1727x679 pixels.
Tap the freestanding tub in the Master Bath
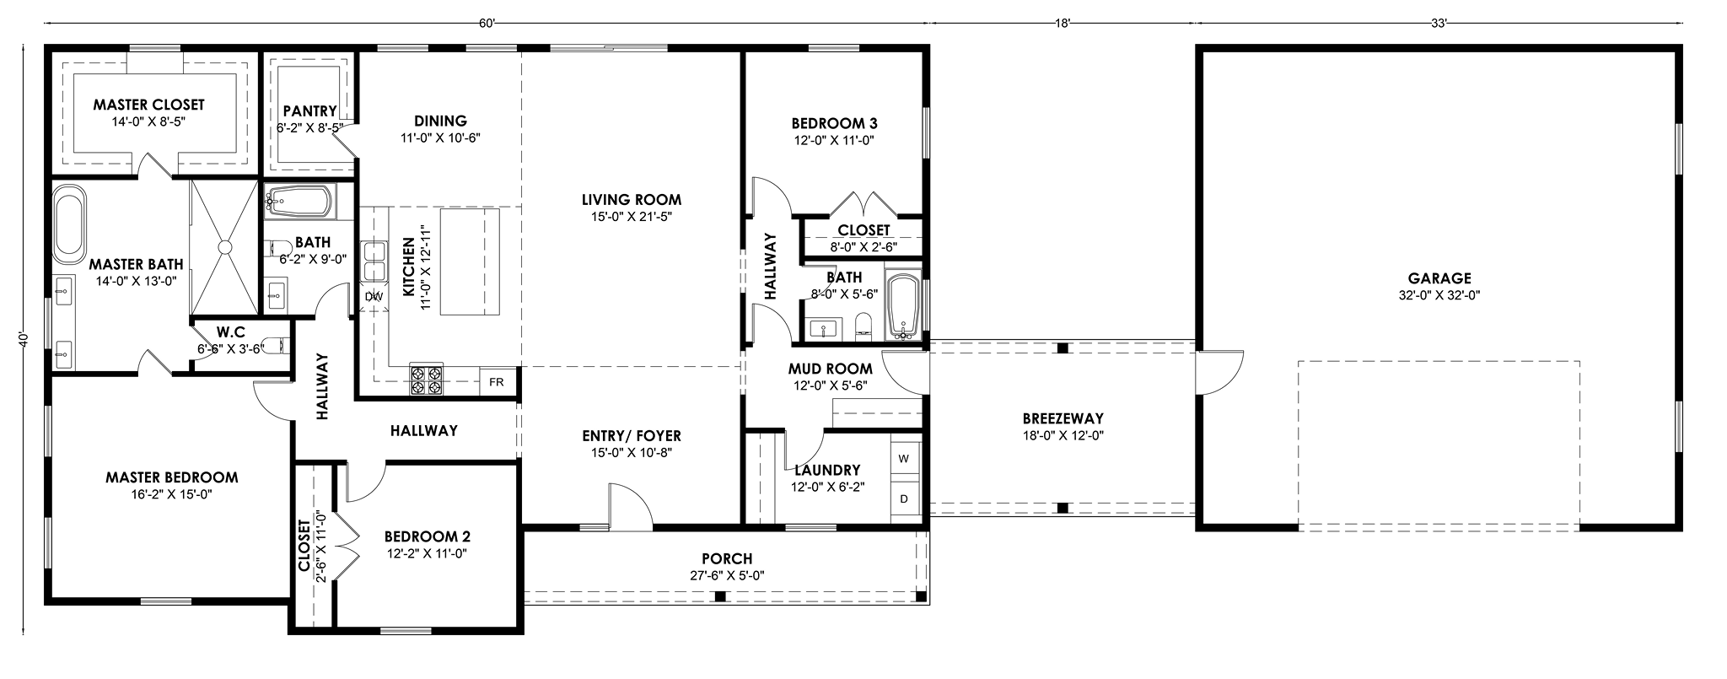coord(69,225)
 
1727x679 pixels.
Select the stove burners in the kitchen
coord(426,380)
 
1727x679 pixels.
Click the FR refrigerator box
coord(497,382)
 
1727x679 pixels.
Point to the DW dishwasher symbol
coord(374,297)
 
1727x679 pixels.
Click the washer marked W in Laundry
coord(904,459)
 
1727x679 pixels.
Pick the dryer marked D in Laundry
coord(904,498)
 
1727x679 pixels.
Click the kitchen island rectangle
coord(469,262)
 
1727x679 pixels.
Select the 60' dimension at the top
coord(487,24)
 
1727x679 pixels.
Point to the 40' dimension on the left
coord(24,339)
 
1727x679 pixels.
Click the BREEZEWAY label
coord(1063,418)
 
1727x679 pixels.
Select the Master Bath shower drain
coord(224,246)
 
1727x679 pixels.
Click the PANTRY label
coord(309,111)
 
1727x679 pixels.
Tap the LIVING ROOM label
coord(632,201)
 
